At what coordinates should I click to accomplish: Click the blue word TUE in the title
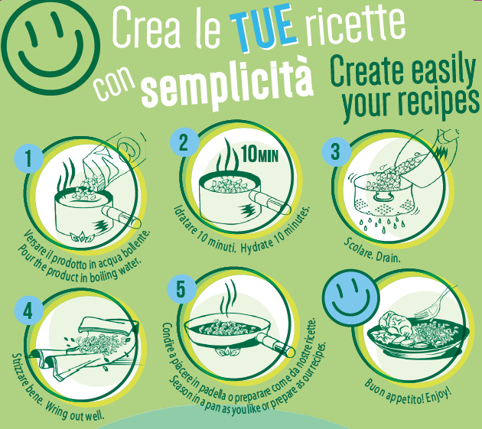264,28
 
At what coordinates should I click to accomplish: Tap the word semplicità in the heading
226,83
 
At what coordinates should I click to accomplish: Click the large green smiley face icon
50,46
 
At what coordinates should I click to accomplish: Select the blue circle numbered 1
28,158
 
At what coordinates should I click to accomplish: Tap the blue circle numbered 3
337,151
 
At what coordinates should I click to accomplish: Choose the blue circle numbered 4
28,310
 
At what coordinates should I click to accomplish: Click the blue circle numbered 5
182,289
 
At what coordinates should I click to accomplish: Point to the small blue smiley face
352,297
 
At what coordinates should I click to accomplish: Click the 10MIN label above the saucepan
260,154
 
